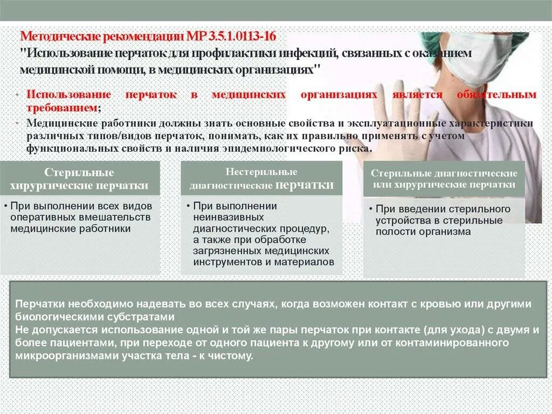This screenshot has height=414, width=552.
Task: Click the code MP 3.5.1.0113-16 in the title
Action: (231, 37)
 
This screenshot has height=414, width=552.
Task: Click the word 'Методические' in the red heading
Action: (58, 37)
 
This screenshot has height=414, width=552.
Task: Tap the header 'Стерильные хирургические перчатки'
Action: (79, 179)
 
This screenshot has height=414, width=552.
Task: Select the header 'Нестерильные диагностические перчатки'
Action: (261, 179)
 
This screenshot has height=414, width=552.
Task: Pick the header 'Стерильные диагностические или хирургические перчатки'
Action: (443, 179)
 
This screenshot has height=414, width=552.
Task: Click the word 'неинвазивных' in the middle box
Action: (229, 217)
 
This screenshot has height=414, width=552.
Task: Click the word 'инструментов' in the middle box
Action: (224, 262)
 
